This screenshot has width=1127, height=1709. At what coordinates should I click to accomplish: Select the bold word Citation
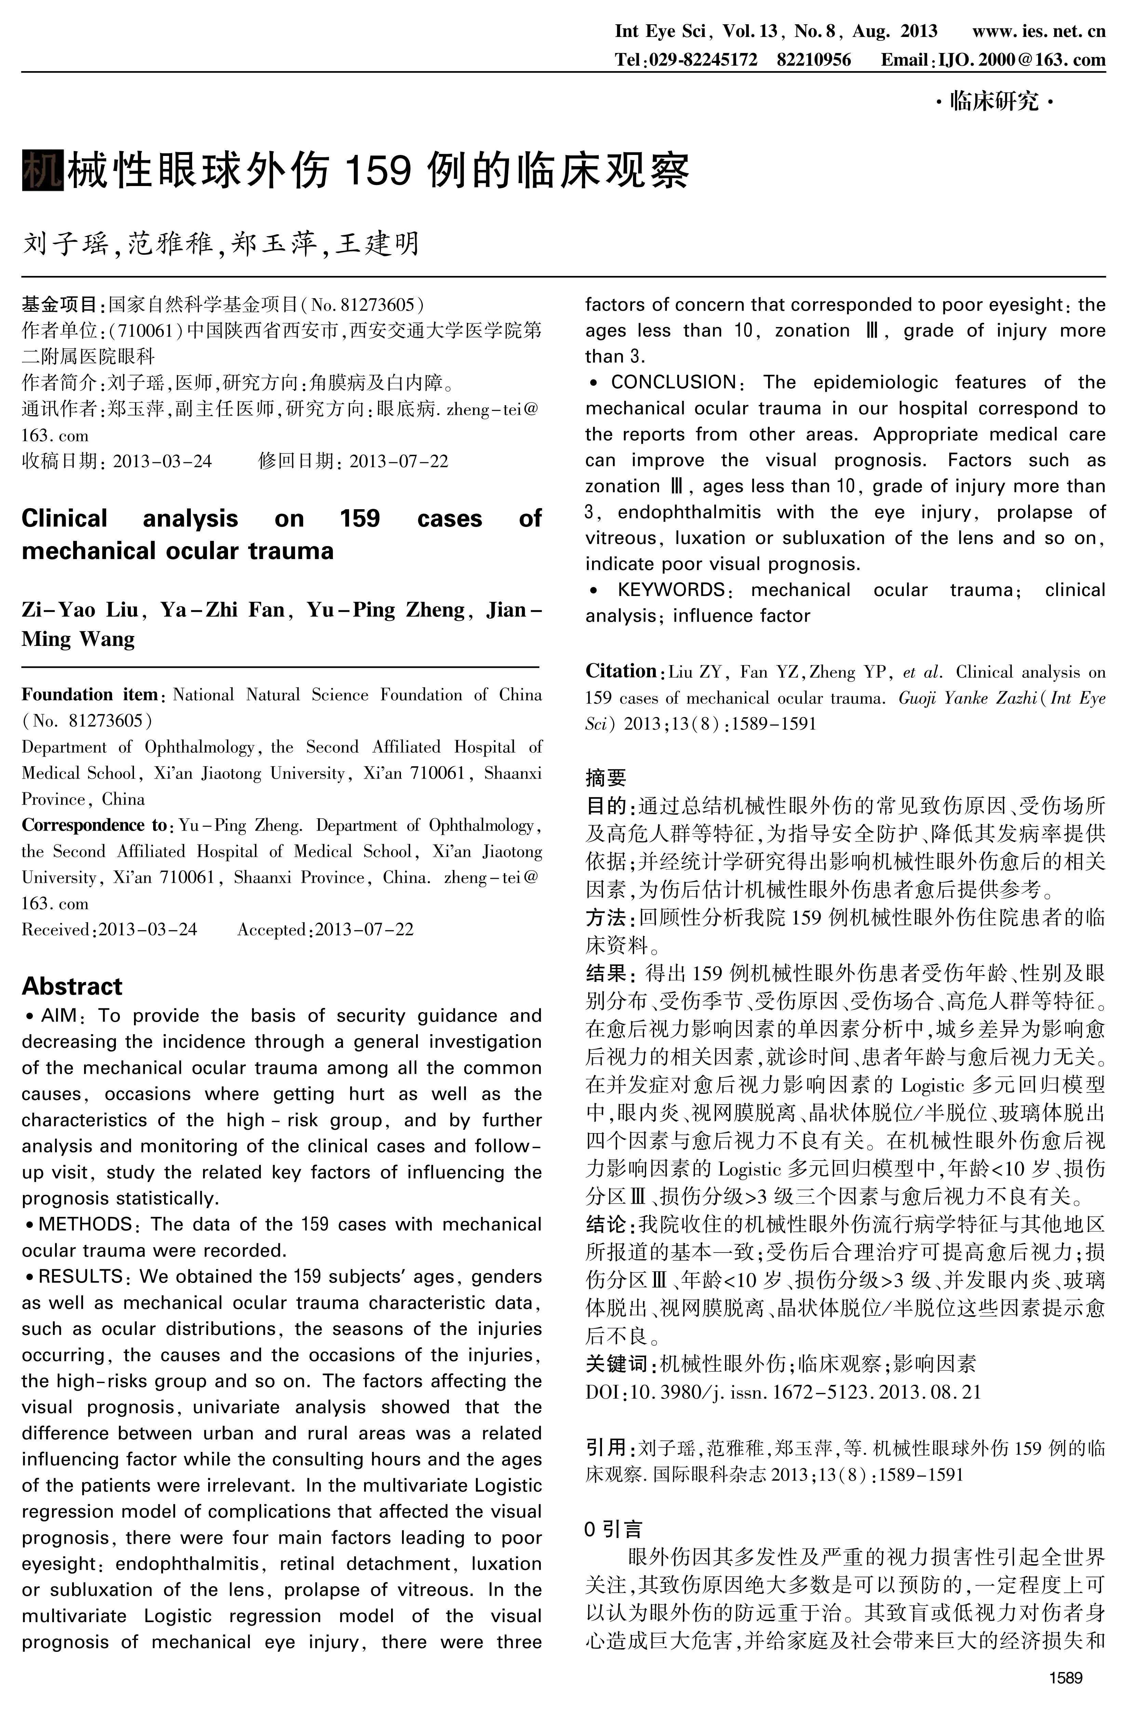[x=620, y=671]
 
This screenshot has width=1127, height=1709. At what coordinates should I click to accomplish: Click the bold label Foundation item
[x=89, y=694]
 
